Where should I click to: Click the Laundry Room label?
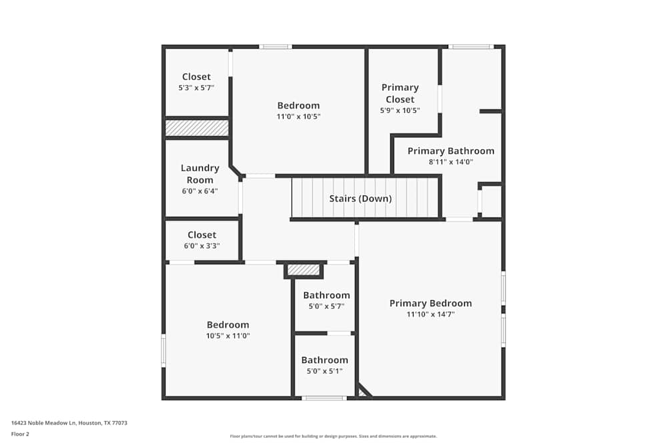click(200, 173)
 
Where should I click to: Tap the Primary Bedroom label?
click(430, 304)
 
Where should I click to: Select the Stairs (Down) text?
click(360, 199)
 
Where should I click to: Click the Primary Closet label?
click(400, 93)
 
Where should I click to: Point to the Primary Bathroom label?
click(451, 151)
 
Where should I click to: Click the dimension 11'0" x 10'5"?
click(298, 116)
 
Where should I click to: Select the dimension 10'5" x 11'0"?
click(227, 336)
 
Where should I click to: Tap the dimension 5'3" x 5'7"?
click(196, 87)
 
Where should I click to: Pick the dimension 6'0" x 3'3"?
click(201, 246)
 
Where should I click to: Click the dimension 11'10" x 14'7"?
click(430, 314)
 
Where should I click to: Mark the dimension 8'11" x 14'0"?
click(451, 161)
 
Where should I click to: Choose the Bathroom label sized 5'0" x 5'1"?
click(324, 360)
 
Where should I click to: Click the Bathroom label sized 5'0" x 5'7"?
click(326, 296)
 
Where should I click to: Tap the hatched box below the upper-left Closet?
click(197, 127)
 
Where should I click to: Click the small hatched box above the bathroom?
click(303, 270)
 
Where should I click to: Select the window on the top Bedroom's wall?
click(275, 47)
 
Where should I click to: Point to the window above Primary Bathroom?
click(471, 47)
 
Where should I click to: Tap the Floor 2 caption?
click(20, 434)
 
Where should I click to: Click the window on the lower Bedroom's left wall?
click(163, 350)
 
